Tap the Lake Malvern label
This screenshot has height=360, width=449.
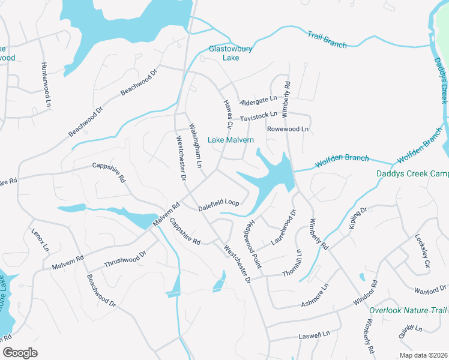pyautogui.click(x=231, y=140)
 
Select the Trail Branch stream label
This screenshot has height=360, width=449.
pyautogui.click(x=327, y=40)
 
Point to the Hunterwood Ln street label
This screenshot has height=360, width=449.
pyautogui.click(x=44, y=80)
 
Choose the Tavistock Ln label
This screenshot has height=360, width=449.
pyautogui.click(x=259, y=116)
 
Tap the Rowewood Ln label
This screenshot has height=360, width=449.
pyautogui.click(x=288, y=129)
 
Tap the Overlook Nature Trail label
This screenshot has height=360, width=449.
pyautogui.click(x=408, y=311)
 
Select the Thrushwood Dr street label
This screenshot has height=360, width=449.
pyautogui.click(x=125, y=259)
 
